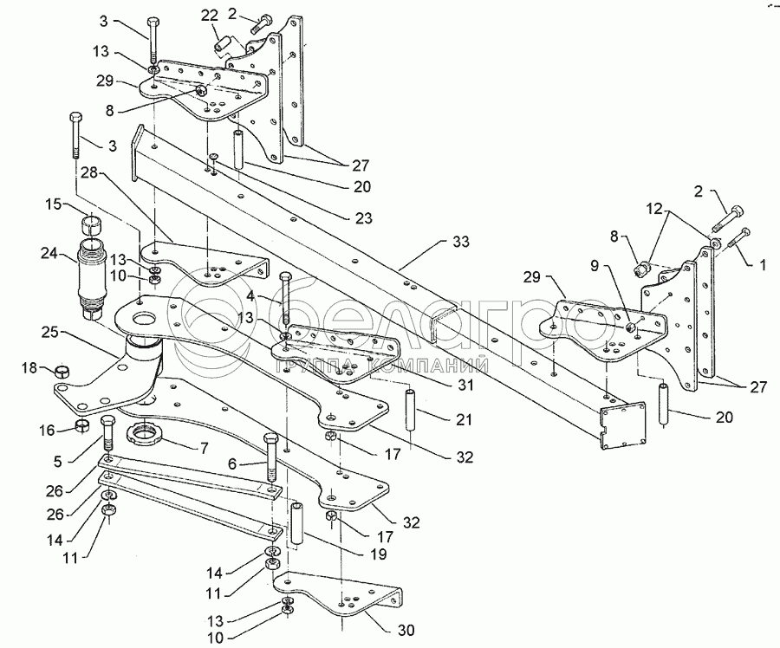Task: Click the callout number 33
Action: (x=461, y=243)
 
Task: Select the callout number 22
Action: (x=210, y=15)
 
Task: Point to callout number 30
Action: (x=406, y=630)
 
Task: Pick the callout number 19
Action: (x=378, y=554)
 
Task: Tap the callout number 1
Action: (x=762, y=266)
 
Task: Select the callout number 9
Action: (x=595, y=266)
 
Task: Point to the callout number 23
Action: (x=364, y=217)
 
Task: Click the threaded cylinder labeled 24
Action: (x=93, y=277)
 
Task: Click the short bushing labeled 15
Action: (x=91, y=224)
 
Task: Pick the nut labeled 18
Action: (x=62, y=371)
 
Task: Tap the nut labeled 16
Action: (x=82, y=425)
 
